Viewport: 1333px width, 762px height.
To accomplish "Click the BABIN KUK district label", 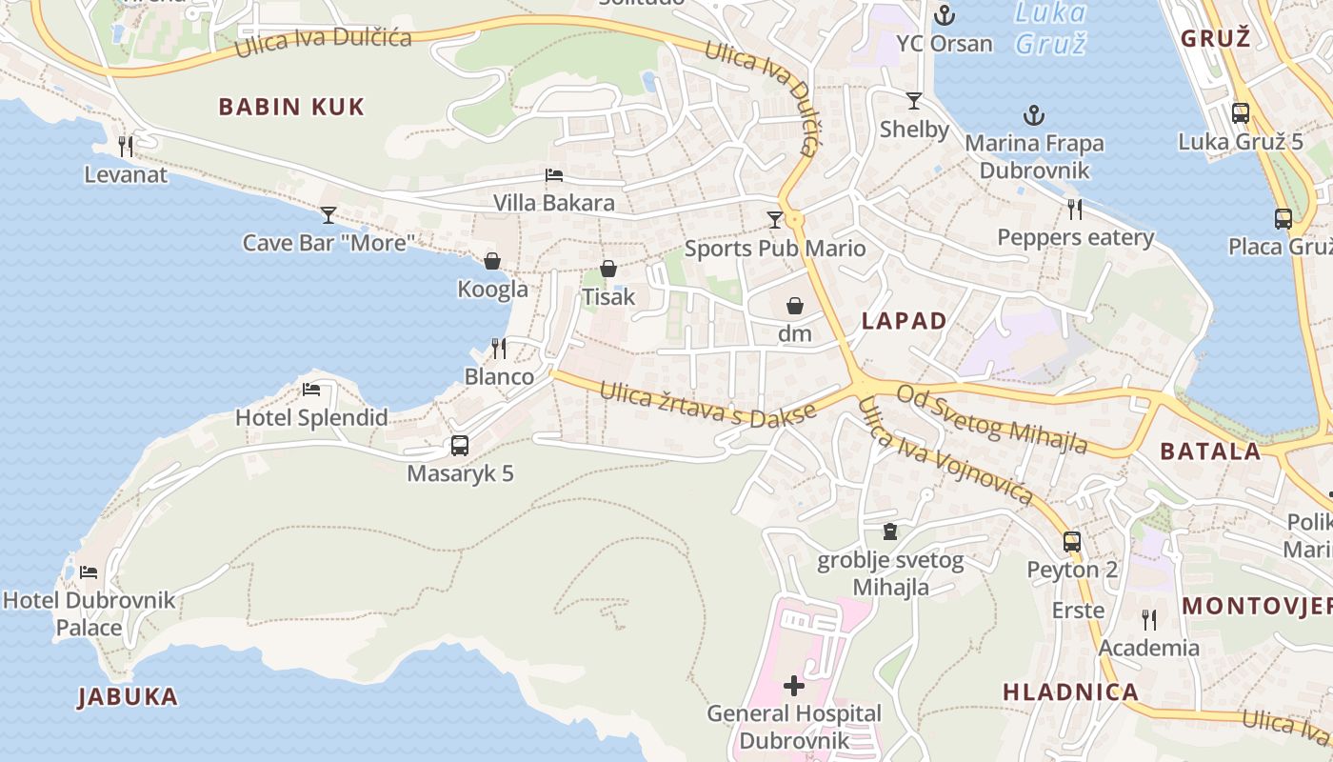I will tap(291, 107).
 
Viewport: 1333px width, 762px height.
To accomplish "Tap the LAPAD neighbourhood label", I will tap(904, 321).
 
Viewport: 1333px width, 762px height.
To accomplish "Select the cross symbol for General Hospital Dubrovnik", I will tap(794, 686).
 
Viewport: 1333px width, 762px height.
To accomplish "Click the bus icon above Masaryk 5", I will tap(460, 446).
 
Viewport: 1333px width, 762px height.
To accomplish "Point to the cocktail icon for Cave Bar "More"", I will tap(328, 215).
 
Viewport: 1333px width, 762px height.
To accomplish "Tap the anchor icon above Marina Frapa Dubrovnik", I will tap(1034, 116).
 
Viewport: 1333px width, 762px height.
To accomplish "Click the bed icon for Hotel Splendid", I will tap(311, 390).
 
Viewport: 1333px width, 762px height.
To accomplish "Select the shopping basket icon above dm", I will tap(795, 306).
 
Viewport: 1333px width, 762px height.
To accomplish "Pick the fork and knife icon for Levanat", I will tap(126, 147).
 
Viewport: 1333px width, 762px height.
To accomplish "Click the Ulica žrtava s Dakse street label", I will tap(708, 403).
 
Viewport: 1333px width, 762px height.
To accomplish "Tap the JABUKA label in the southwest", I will tap(128, 697).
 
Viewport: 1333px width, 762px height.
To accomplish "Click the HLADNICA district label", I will tap(1070, 692).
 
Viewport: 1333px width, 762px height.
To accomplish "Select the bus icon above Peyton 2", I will tap(1072, 542).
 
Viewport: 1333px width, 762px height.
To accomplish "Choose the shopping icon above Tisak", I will tap(608, 270).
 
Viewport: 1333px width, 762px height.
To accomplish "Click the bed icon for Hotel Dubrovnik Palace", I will tap(89, 572).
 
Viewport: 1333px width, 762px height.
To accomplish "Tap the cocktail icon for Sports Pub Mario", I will tap(775, 221).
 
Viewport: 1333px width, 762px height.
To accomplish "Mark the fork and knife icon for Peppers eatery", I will tap(1075, 210).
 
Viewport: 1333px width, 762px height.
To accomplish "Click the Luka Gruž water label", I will tap(1050, 28).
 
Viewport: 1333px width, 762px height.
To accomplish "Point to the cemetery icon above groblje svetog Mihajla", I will tap(890, 531).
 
